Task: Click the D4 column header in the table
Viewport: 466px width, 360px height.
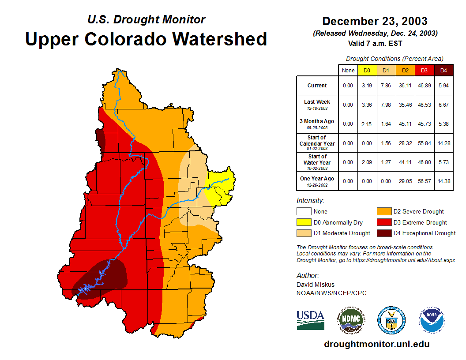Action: (444, 71)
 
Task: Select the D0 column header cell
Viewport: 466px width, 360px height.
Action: (367, 71)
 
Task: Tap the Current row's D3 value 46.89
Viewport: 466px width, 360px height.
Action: (425, 86)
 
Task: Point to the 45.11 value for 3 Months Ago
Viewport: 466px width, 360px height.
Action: (406, 124)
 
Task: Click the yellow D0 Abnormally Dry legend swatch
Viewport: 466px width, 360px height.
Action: (304, 222)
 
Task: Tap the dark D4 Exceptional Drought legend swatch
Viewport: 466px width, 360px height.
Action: (383, 233)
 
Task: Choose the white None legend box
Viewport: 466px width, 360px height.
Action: (304, 212)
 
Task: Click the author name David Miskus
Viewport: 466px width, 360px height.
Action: (316, 285)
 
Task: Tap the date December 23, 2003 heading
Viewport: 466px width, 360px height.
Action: (375, 21)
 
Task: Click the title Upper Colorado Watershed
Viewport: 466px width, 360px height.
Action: (146, 39)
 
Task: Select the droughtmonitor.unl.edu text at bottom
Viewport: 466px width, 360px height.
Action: (376, 344)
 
